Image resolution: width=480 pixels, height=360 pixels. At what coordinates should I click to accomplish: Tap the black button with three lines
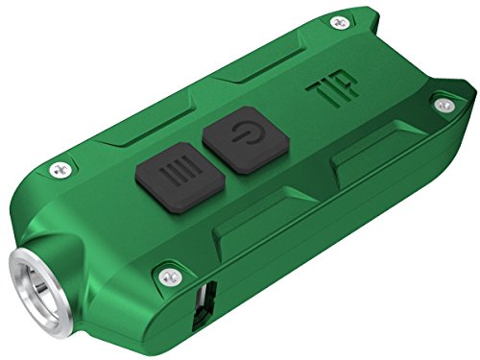click(180, 177)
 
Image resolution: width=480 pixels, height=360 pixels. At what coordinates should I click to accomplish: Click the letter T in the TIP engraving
click(316, 92)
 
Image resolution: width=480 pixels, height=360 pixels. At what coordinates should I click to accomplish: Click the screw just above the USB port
click(170, 277)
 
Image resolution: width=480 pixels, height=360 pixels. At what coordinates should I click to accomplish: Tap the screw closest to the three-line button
click(60, 170)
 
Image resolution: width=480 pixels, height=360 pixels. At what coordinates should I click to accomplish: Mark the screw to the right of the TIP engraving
click(444, 105)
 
